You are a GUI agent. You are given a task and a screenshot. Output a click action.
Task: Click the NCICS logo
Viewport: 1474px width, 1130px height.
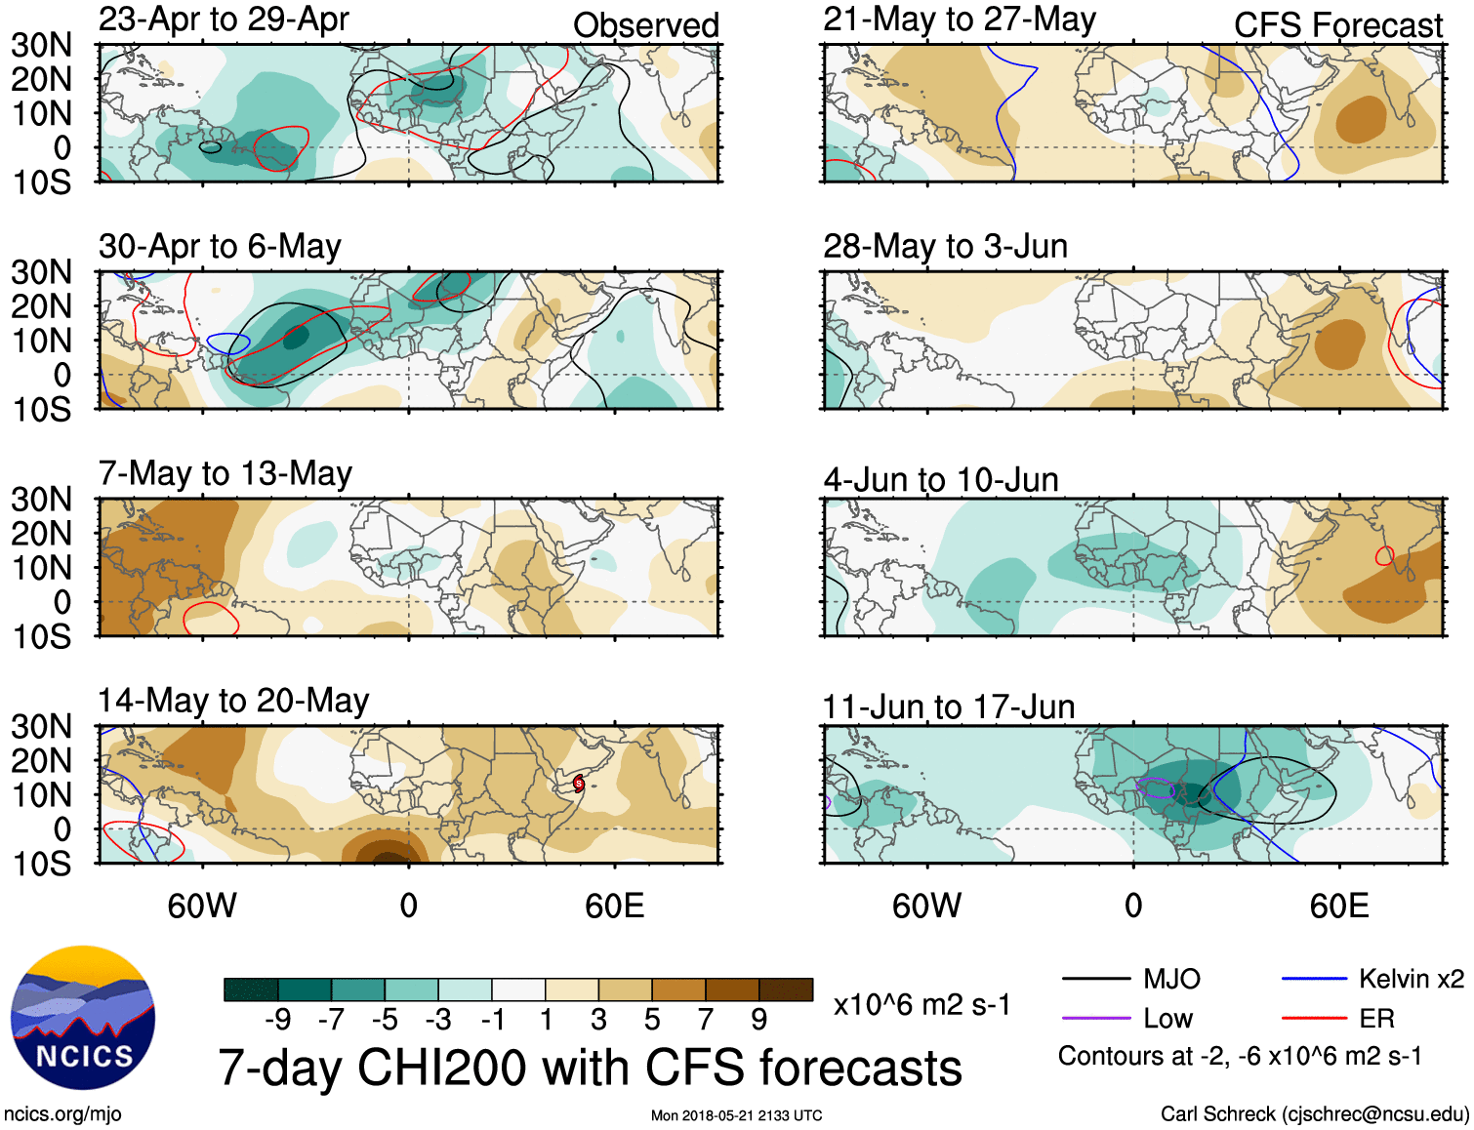[83, 1018]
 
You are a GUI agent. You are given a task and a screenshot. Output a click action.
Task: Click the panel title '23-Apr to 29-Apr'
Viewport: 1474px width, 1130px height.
[224, 20]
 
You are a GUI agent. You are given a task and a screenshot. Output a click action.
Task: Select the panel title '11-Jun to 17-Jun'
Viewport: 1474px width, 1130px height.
[948, 706]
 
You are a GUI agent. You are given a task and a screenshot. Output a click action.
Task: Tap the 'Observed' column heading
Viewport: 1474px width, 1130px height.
[645, 25]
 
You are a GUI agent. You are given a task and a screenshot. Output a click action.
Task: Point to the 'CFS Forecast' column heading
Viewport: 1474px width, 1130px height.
[1337, 25]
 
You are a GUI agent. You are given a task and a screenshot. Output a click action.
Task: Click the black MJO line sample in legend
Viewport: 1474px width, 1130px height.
[1095, 979]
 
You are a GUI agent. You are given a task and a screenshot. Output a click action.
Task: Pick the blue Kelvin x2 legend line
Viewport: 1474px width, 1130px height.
[1314, 979]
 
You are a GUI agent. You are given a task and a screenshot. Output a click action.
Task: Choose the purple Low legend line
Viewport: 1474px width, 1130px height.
[1095, 1019]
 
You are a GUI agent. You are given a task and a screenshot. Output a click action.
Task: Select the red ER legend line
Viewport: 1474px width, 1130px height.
[1314, 1019]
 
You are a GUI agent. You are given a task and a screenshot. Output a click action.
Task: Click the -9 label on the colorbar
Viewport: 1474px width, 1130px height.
[278, 1020]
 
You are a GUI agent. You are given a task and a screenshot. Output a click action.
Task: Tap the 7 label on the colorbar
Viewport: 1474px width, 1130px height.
[706, 1020]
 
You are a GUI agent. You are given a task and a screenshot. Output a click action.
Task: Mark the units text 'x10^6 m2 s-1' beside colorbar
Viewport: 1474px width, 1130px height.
[921, 1005]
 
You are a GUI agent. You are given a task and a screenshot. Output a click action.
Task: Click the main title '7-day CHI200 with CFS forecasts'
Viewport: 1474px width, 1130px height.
[590, 1068]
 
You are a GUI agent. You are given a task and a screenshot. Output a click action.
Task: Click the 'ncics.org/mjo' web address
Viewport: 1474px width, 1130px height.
[62, 1114]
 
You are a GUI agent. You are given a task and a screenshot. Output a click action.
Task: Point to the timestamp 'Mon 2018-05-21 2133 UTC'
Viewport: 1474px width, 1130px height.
[736, 1115]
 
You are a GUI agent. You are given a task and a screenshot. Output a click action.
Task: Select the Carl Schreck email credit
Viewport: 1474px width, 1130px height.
[1314, 1114]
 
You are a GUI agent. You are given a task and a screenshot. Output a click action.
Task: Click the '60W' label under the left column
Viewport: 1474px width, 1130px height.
[202, 907]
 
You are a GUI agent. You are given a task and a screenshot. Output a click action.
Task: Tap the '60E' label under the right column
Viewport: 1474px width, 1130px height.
[1338, 907]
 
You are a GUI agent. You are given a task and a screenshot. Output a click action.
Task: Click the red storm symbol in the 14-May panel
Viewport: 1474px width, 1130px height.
[578, 783]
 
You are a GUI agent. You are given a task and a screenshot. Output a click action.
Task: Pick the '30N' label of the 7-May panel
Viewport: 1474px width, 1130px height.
[42, 500]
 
